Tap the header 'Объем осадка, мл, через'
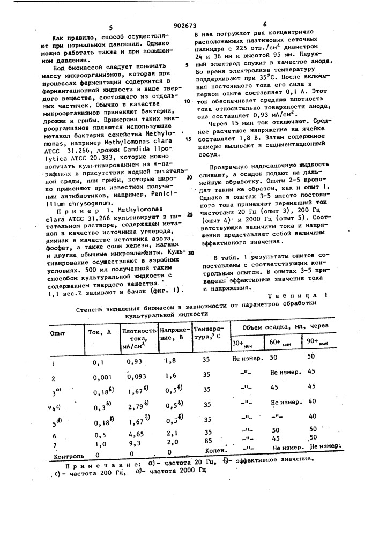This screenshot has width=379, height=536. click(x=278, y=326)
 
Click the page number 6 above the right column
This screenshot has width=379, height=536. click(x=265, y=25)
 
